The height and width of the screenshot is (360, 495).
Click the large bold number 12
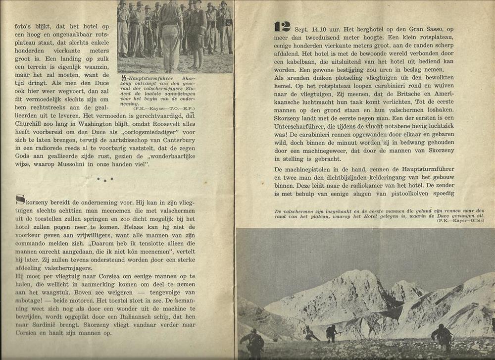283,27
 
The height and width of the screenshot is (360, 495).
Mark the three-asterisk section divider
105,179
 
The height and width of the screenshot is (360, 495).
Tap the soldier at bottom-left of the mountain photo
253,342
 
